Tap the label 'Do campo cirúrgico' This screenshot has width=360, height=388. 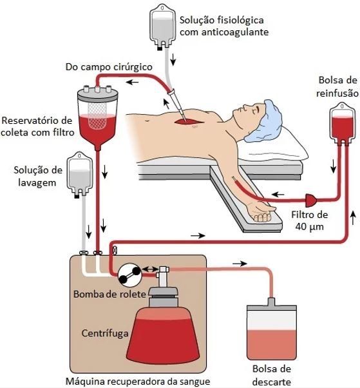[109, 67]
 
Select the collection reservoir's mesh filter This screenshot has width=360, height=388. [97, 115]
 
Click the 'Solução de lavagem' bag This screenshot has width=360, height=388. [80, 174]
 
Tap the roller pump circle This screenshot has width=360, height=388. [129, 275]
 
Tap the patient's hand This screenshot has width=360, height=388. [260, 212]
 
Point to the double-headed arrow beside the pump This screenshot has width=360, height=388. [150, 269]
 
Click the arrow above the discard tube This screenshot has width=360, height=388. [240, 264]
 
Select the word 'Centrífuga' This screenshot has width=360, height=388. [105, 333]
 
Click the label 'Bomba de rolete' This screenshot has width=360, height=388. [109, 294]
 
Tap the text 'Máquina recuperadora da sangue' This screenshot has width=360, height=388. [138, 382]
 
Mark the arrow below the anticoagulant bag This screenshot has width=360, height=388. [173, 59]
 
